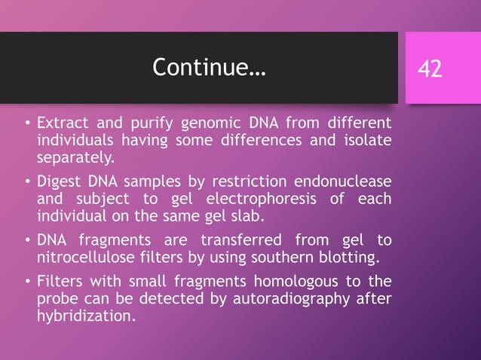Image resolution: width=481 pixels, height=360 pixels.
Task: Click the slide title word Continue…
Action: (x=209, y=68)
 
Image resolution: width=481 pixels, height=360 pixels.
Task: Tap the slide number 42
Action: (x=430, y=69)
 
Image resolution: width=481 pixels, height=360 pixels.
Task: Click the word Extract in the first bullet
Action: (x=62, y=122)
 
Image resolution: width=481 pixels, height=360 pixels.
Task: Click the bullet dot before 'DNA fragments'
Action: (x=26, y=242)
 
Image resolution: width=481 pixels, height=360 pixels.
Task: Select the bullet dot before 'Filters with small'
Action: (x=26, y=282)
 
